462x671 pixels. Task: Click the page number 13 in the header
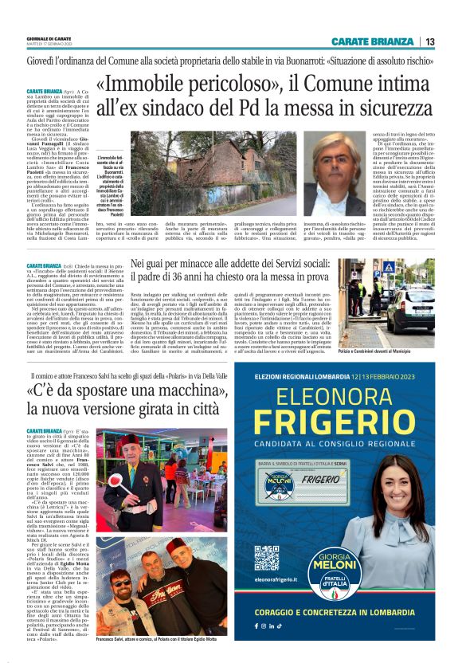[x=430, y=41]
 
